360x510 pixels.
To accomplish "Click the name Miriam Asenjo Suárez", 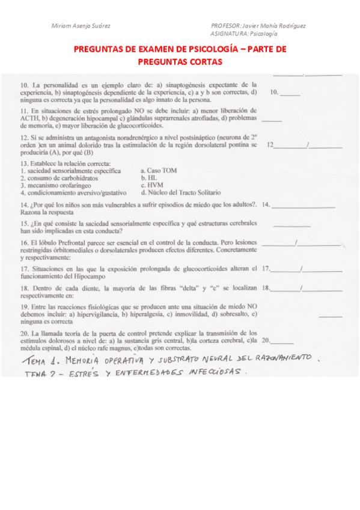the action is coord(81,26).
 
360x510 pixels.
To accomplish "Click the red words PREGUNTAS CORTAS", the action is coord(180,62).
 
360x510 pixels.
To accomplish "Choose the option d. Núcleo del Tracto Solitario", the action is coord(180,193).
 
